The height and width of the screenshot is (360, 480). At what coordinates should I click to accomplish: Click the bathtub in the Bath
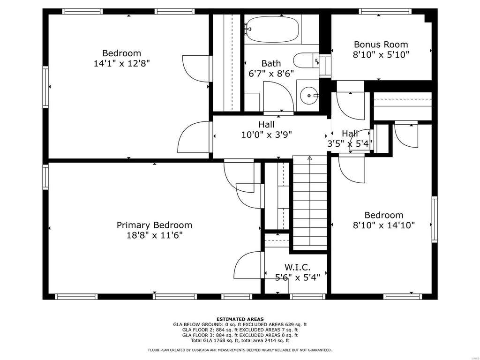(x=272, y=29)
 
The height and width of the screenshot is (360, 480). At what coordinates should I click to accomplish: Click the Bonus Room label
(x=381, y=45)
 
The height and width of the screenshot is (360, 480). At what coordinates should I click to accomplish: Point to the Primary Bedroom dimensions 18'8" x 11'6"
(x=155, y=235)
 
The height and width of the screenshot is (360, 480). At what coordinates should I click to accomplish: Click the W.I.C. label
(x=297, y=267)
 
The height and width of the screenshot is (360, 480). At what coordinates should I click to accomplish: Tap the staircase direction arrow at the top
(x=309, y=158)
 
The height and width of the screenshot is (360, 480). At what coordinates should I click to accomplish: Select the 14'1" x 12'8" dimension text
(x=121, y=63)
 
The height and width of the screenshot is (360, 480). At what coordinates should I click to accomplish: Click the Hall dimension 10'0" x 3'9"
(x=266, y=135)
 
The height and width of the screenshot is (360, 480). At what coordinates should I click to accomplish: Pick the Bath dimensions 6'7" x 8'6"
(x=271, y=74)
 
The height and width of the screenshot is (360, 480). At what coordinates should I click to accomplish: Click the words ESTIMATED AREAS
(x=240, y=319)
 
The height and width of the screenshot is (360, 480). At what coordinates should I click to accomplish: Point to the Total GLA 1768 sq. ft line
(x=240, y=340)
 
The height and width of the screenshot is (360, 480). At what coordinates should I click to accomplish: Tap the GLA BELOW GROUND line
(x=240, y=324)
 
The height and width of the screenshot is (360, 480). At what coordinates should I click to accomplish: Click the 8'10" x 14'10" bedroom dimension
(x=384, y=225)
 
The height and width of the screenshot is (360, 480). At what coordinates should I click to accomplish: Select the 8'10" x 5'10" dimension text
(x=381, y=55)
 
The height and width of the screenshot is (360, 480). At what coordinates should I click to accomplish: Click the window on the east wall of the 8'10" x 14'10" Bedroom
(x=435, y=219)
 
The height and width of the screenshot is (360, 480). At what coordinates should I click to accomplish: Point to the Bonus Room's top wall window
(x=385, y=12)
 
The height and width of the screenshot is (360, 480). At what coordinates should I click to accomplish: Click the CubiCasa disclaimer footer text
(x=240, y=350)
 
